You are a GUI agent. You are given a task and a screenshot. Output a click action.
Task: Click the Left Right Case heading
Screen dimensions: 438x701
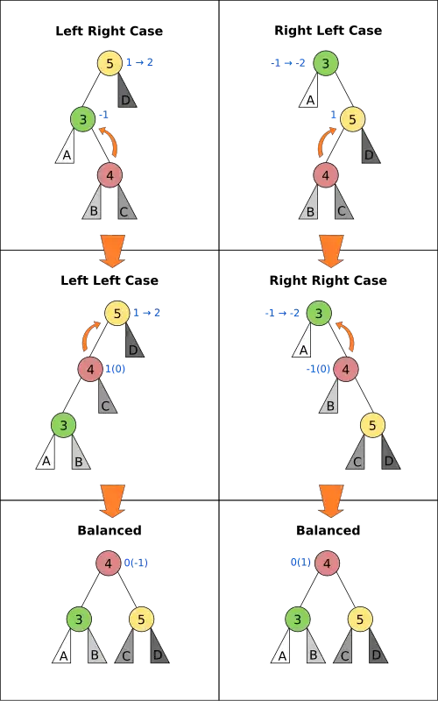click(x=109, y=32)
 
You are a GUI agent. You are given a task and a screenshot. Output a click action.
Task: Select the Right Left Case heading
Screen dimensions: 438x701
click(x=328, y=31)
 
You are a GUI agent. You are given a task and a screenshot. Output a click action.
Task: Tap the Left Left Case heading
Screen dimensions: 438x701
click(x=109, y=280)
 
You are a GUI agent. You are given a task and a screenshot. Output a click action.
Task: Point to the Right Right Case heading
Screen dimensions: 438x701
click(x=328, y=280)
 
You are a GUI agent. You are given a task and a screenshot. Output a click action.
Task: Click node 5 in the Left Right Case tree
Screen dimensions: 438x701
click(x=110, y=63)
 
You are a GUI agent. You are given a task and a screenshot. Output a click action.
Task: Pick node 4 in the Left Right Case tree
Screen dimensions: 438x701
click(x=110, y=175)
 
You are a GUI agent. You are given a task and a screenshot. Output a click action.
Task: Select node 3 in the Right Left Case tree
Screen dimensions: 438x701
click(x=325, y=63)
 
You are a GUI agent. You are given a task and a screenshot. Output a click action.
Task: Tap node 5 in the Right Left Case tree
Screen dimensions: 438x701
click(x=353, y=119)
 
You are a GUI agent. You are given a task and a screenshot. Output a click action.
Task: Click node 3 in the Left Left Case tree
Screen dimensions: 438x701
click(x=63, y=425)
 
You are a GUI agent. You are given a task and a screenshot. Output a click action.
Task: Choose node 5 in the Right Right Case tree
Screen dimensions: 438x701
click(x=373, y=425)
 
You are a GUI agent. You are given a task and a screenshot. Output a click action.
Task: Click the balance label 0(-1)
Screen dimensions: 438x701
click(x=136, y=563)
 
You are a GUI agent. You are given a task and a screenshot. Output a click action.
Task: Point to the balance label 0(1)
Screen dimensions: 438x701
click(x=300, y=563)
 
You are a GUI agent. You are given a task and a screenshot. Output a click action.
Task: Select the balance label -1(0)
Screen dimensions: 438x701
click(x=318, y=369)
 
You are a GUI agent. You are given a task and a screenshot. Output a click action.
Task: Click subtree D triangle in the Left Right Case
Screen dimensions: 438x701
click(x=127, y=91)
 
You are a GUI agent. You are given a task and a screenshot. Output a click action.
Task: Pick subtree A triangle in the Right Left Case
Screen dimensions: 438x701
click(x=308, y=91)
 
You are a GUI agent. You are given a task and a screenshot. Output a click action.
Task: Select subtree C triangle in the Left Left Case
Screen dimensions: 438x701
click(x=107, y=397)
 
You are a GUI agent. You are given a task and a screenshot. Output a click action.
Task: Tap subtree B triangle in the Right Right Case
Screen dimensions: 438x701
click(x=328, y=397)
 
